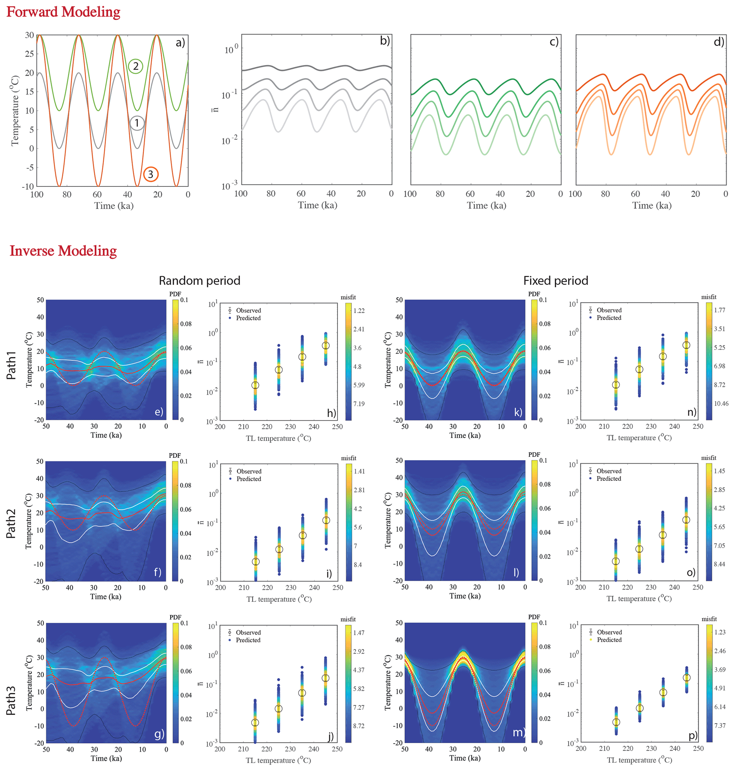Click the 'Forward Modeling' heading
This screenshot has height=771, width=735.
coord(63,12)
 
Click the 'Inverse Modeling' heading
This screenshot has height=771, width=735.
coord(63,251)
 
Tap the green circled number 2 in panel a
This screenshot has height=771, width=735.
coord(135,66)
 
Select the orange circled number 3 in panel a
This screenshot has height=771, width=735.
coord(150,174)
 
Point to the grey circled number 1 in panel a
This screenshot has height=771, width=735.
coord(137,123)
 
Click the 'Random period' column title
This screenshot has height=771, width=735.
coord(199,281)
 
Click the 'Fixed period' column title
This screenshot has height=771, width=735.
coord(555,281)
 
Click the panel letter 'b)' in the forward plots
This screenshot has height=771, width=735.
coord(385,41)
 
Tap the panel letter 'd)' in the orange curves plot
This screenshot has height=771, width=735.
coord(719,42)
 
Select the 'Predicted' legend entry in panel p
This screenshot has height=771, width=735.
coord(609,640)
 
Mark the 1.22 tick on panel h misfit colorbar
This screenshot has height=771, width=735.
coord(359,311)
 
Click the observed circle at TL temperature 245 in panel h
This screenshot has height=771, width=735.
coord(326,346)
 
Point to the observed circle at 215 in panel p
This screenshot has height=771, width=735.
coord(616,722)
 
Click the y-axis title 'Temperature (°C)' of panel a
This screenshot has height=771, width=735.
coord(15,111)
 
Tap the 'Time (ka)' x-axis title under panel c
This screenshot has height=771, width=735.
coord(486,205)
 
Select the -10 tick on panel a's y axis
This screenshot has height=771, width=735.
coord(28,186)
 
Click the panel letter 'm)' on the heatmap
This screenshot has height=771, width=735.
coord(518,732)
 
